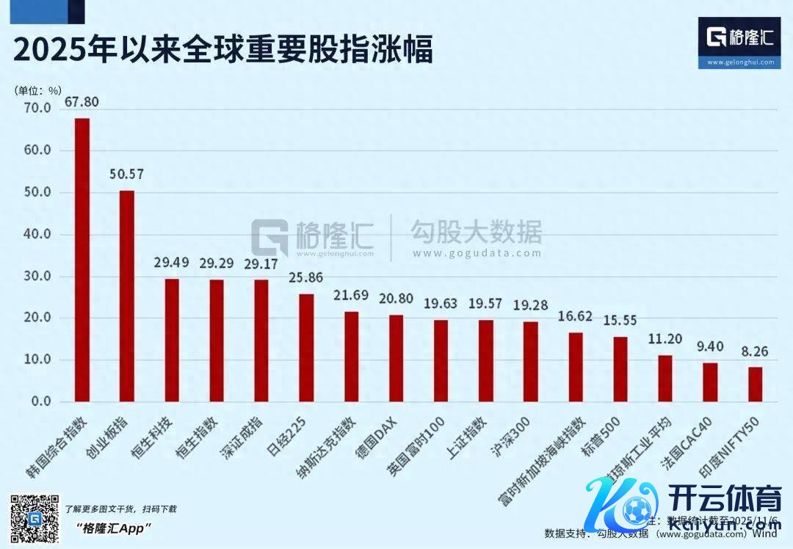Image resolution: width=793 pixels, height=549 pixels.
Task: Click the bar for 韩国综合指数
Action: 82,261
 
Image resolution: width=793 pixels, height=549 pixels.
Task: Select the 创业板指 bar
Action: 127,297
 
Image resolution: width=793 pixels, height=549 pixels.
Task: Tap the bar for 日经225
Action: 307,348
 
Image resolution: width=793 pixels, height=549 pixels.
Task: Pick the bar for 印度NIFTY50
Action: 756,385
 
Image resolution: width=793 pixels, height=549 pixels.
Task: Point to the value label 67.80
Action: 82,101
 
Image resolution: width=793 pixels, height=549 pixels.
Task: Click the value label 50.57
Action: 127,175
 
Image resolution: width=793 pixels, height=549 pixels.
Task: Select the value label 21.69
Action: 352,296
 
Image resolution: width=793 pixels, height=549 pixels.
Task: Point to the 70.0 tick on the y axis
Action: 37,109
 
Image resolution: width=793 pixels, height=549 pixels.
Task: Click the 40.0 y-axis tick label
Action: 37,235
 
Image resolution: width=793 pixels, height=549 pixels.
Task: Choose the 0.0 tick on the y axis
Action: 40,402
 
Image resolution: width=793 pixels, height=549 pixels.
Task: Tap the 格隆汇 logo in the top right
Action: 739,43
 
